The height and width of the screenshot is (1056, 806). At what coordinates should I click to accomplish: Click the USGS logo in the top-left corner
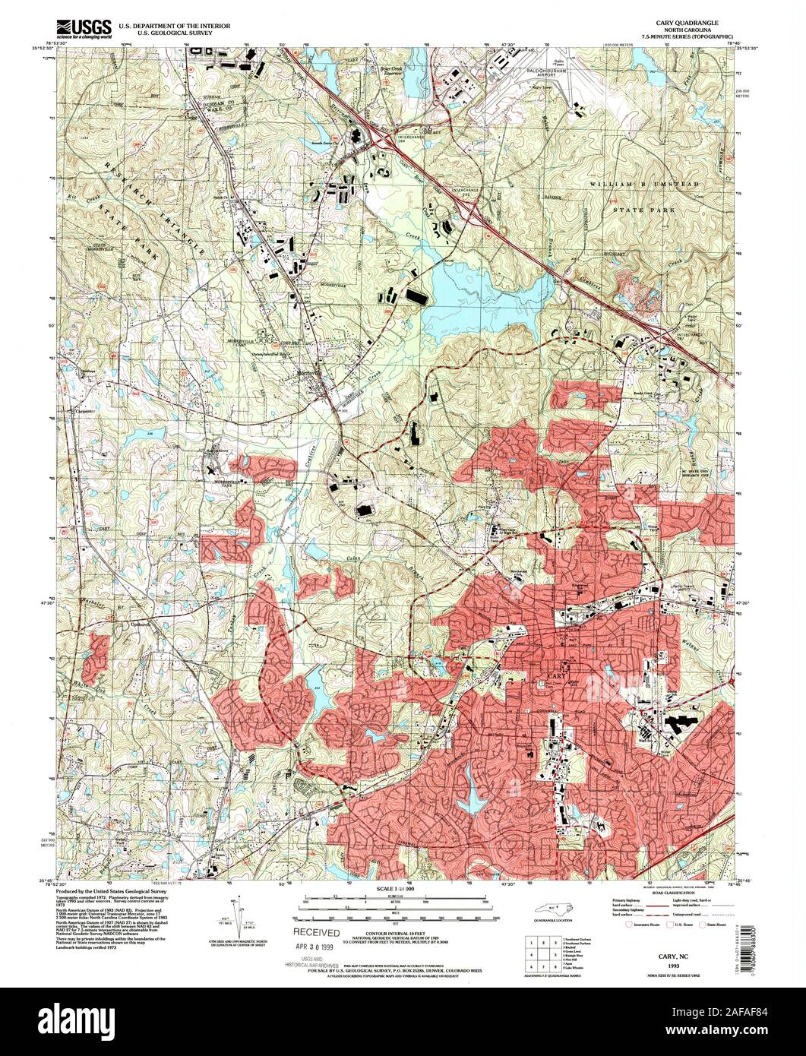(85, 28)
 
